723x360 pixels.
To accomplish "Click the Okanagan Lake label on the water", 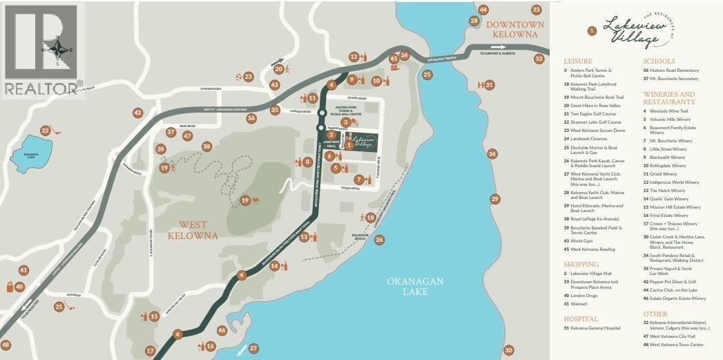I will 418,286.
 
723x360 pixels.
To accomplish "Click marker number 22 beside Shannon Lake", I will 46,130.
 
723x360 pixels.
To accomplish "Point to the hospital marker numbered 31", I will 490,85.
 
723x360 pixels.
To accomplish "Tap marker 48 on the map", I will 6,345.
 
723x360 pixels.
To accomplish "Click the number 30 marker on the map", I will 509,350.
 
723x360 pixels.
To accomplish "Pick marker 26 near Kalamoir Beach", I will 379,240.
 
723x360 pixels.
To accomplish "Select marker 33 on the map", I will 537,10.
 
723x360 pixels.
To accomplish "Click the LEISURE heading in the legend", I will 577,61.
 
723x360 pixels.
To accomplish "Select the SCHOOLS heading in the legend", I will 659,61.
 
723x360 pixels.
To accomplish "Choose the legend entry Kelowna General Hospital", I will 599,328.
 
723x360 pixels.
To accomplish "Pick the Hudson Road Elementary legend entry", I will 675,70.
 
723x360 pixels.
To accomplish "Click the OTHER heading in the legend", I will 655,314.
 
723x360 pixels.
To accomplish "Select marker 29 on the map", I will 494,199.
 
